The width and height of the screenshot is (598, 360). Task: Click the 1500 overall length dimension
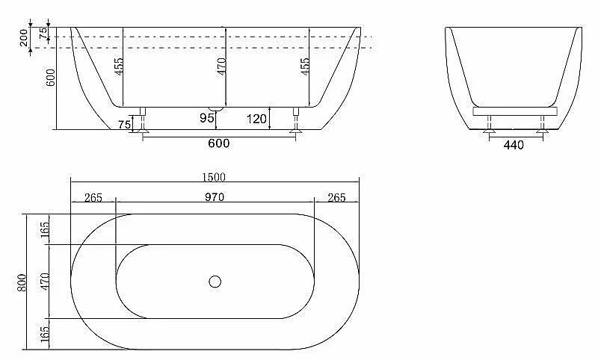[214, 177]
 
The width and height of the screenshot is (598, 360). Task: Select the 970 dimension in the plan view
[215, 197]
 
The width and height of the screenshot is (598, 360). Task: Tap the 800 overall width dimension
[22, 282]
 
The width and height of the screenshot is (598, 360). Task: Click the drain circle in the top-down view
[215, 282]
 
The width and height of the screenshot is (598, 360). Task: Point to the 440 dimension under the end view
[514, 145]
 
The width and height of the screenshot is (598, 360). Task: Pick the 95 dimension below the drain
[207, 118]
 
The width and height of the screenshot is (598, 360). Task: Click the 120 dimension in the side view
[256, 120]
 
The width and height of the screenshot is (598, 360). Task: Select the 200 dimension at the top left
[24, 37]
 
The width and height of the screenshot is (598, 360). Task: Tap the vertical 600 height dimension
[51, 78]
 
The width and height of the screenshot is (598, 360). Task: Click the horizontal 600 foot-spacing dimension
[219, 143]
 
